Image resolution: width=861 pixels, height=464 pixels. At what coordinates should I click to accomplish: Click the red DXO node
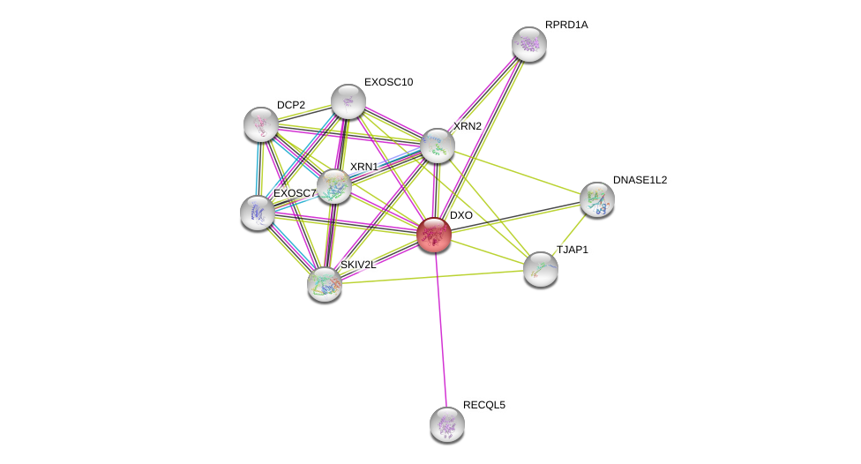(x=434, y=235)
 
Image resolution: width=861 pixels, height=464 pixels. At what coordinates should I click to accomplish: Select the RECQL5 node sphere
(x=447, y=424)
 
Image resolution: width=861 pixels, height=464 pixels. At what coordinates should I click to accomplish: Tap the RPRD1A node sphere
(x=529, y=44)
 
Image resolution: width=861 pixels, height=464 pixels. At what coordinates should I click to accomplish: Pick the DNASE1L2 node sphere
(x=597, y=199)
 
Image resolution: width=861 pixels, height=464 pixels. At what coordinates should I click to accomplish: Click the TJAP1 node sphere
(x=541, y=269)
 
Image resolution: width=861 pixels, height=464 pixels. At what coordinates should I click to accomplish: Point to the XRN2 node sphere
(x=438, y=146)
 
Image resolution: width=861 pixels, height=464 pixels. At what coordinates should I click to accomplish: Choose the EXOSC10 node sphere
(x=348, y=101)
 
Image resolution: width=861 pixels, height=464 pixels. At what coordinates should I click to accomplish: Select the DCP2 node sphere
(x=261, y=124)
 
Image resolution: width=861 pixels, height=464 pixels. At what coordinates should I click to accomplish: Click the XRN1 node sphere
(x=334, y=186)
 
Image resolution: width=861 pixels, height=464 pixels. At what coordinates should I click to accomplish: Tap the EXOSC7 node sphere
(x=258, y=213)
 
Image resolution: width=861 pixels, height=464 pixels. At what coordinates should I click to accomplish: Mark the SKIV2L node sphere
(x=325, y=284)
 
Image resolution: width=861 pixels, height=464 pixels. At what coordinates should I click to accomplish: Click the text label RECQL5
(x=484, y=405)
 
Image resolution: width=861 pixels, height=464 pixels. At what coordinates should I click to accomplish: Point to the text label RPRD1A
(x=566, y=25)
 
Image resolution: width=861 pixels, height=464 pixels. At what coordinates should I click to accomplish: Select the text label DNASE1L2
(x=640, y=180)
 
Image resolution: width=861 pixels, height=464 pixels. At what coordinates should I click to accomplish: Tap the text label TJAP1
(x=572, y=250)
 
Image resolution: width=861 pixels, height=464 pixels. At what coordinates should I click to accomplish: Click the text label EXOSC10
(x=388, y=82)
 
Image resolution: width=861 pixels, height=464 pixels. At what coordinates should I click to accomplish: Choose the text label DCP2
(x=290, y=105)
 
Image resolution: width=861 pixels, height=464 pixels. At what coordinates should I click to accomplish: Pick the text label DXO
(x=461, y=215)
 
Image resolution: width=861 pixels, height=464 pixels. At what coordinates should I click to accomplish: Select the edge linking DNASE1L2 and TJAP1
(x=570, y=234)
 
